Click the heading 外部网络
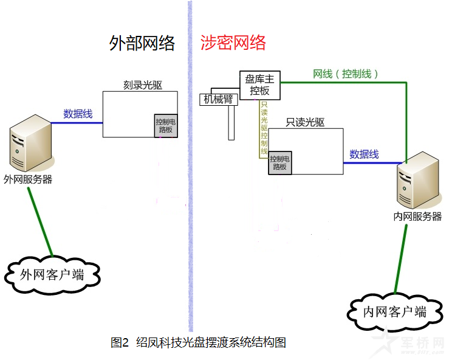click(142, 43)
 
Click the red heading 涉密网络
click(233, 43)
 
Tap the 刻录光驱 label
click(143, 85)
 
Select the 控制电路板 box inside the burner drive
click(166, 126)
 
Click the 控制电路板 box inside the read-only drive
click(280, 163)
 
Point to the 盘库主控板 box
click(260, 85)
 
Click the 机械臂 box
click(219, 100)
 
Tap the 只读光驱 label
click(305, 122)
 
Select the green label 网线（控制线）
click(345, 74)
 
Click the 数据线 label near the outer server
click(78, 114)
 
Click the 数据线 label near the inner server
click(364, 154)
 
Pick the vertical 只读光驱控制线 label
click(264, 128)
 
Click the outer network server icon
click(31, 143)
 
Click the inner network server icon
click(419, 180)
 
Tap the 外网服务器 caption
click(28, 179)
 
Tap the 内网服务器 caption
click(417, 216)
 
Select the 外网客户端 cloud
click(52, 275)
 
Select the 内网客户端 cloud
click(395, 312)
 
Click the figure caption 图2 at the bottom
click(119, 343)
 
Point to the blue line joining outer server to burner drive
click(77, 123)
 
